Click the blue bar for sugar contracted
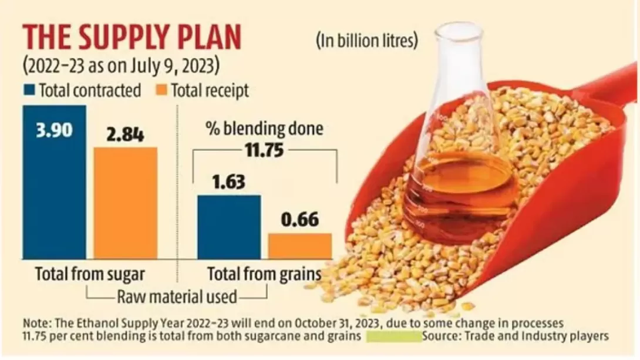[x=54, y=194]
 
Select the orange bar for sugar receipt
[x=125, y=206]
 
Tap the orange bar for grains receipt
[x=299, y=247]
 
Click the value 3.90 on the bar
[x=54, y=129]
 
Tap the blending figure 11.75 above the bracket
[x=264, y=151]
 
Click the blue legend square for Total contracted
[x=29, y=90]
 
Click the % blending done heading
[x=264, y=129]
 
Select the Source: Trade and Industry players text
[x=514, y=336]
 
